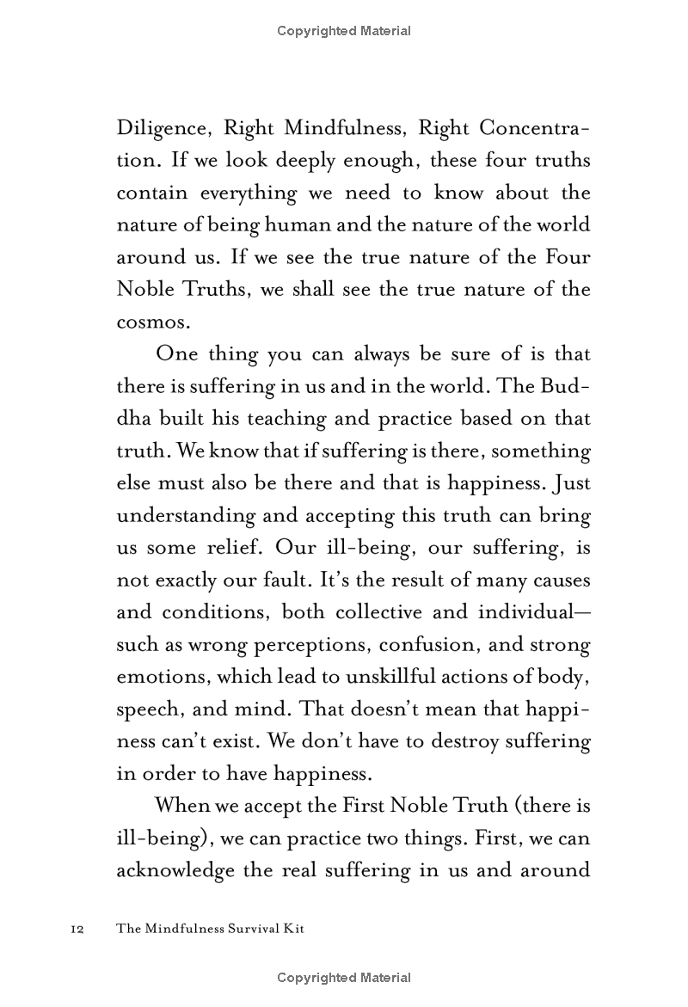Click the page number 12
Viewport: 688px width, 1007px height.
click(x=73, y=930)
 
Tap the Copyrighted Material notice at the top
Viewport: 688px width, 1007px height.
click(x=344, y=32)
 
